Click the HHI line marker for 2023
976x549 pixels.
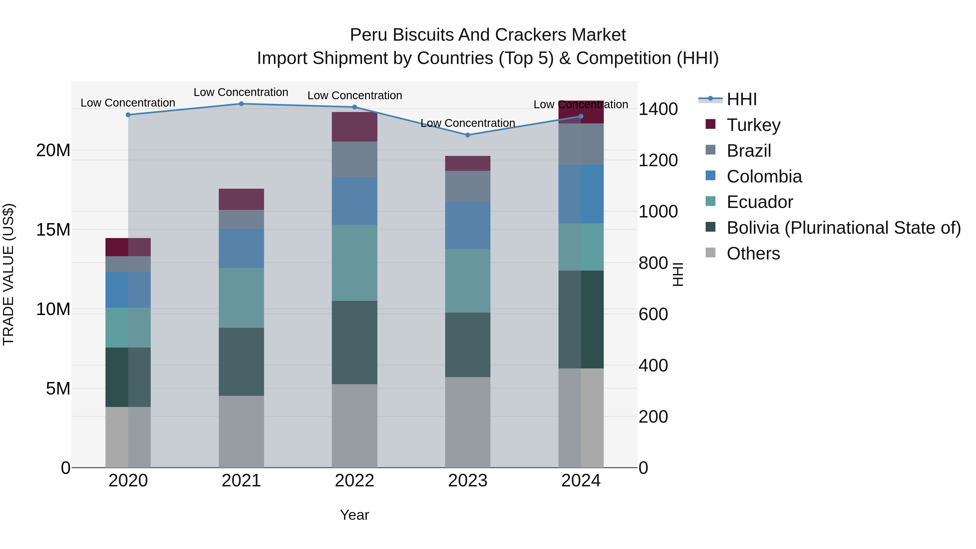click(x=468, y=135)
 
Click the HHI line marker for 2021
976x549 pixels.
click(x=241, y=104)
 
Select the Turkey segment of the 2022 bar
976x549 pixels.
click(x=354, y=127)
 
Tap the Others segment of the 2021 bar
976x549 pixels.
click(x=241, y=432)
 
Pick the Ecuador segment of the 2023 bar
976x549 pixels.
click(x=468, y=281)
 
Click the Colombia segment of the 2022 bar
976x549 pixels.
click(x=354, y=201)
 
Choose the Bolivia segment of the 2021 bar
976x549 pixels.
click(x=241, y=362)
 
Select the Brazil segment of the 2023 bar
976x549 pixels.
click(x=468, y=186)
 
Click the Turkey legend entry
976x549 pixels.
click(x=753, y=125)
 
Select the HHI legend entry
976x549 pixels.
click(x=741, y=99)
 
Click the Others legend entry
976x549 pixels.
click(x=753, y=253)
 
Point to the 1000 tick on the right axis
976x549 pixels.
click(x=658, y=211)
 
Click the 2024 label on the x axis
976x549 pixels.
click(x=580, y=481)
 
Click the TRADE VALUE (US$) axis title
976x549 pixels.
click(x=9, y=274)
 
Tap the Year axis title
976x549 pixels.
click(x=354, y=515)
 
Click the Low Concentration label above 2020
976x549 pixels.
click(x=128, y=103)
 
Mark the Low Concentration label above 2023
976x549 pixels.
click(x=468, y=123)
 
